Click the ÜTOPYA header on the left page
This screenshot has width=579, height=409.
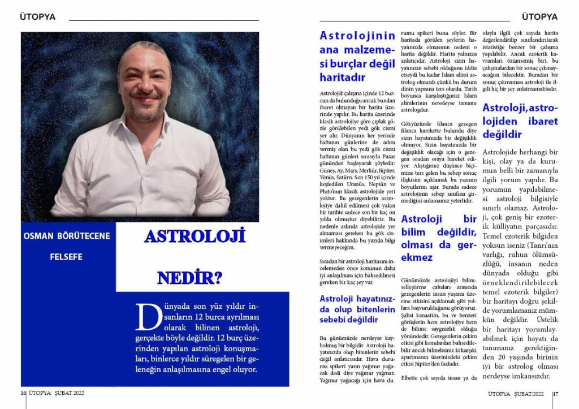[x=37, y=17]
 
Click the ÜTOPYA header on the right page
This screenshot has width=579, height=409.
[x=540, y=17]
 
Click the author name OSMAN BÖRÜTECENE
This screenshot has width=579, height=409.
[x=67, y=236]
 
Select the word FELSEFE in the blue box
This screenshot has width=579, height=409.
[x=66, y=257]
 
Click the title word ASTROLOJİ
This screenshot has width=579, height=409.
[x=195, y=236]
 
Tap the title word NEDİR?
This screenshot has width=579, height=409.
[x=189, y=278]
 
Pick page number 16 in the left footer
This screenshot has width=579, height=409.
[x=23, y=393]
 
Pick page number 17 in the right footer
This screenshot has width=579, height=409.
[x=555, y=394]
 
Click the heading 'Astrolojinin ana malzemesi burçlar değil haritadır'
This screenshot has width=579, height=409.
[x=357, y=57]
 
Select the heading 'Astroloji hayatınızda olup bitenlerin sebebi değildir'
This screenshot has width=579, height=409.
[x=357, y=309]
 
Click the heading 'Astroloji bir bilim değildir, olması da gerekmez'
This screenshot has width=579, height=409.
[x=439, y=238]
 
